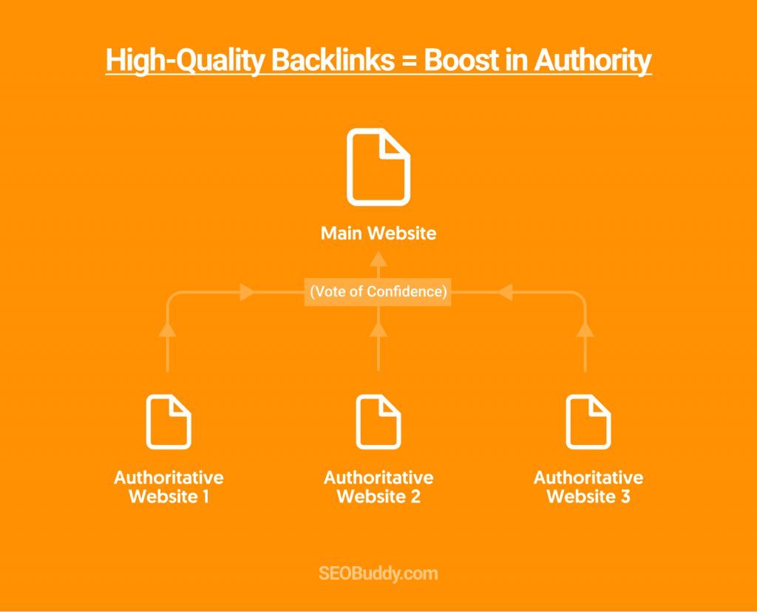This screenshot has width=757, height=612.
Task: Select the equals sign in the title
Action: click(409, 61)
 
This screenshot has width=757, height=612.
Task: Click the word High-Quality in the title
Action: click(185, 61)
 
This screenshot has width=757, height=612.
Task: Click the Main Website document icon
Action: click(378, 167)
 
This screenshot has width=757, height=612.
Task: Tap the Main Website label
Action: click(378, 233)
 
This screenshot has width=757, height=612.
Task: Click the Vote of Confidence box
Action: click(378, 292)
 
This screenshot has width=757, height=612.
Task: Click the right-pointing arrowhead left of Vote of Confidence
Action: click(247, 292)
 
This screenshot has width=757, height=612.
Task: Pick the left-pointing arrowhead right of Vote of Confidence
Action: click(505, 292)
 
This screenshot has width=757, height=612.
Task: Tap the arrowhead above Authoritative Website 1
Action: click(168, 329)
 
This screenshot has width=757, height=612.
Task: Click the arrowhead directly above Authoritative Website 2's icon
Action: click(378, 329)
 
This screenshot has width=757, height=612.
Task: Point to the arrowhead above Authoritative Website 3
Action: click(585, 329)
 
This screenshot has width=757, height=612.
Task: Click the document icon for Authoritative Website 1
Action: click(169, 422)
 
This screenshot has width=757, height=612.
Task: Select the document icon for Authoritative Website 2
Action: click(378, 422)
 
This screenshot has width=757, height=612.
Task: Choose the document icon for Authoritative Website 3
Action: click(588, 422)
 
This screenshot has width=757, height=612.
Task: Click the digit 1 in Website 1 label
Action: click(206, 497)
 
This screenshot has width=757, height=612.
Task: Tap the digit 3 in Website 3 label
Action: click(625, 497)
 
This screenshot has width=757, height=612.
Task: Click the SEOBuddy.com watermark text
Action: click(378, 574)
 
